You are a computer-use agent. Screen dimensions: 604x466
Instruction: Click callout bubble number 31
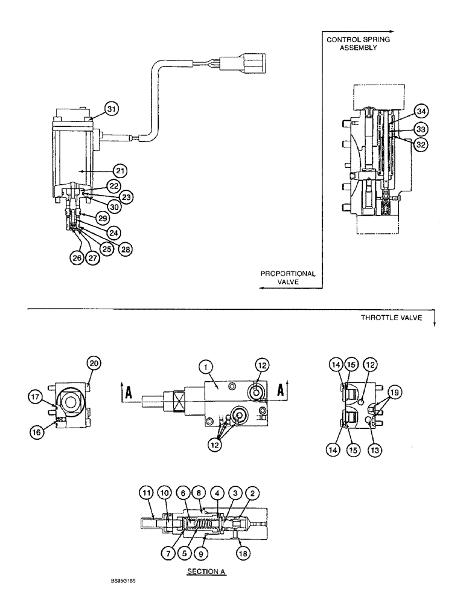point(111,109)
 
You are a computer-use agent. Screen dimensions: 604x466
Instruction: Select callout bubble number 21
point(121,172)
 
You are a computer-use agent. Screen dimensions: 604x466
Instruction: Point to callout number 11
point(146,493)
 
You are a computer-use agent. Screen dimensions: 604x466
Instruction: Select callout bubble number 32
point(421,144)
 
